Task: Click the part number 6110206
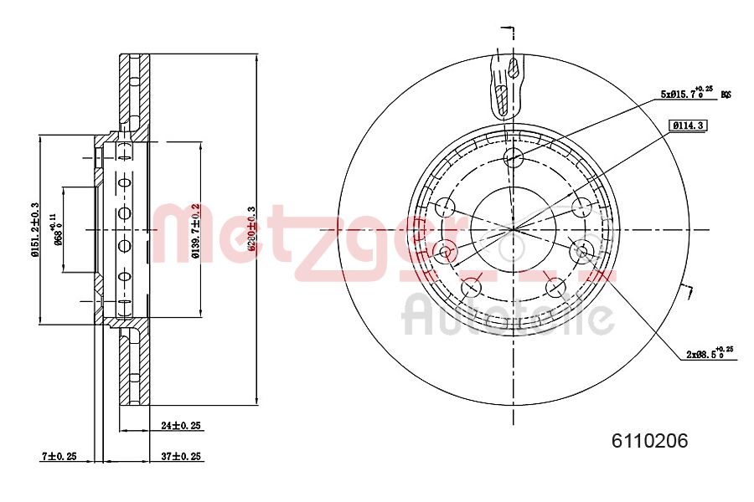(650, 441)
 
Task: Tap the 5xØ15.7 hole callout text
(686, 94)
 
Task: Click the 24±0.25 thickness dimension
(181, 425)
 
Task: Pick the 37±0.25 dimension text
(181, 456)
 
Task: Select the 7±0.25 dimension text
(59, 456)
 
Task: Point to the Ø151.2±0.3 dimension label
(34, 229)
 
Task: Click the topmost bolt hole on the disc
(514, 158)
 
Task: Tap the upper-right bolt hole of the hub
(581, 207)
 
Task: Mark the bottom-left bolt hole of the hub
(472, 288)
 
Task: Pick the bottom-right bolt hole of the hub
(555, 288)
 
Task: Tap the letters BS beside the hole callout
(726, 95)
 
